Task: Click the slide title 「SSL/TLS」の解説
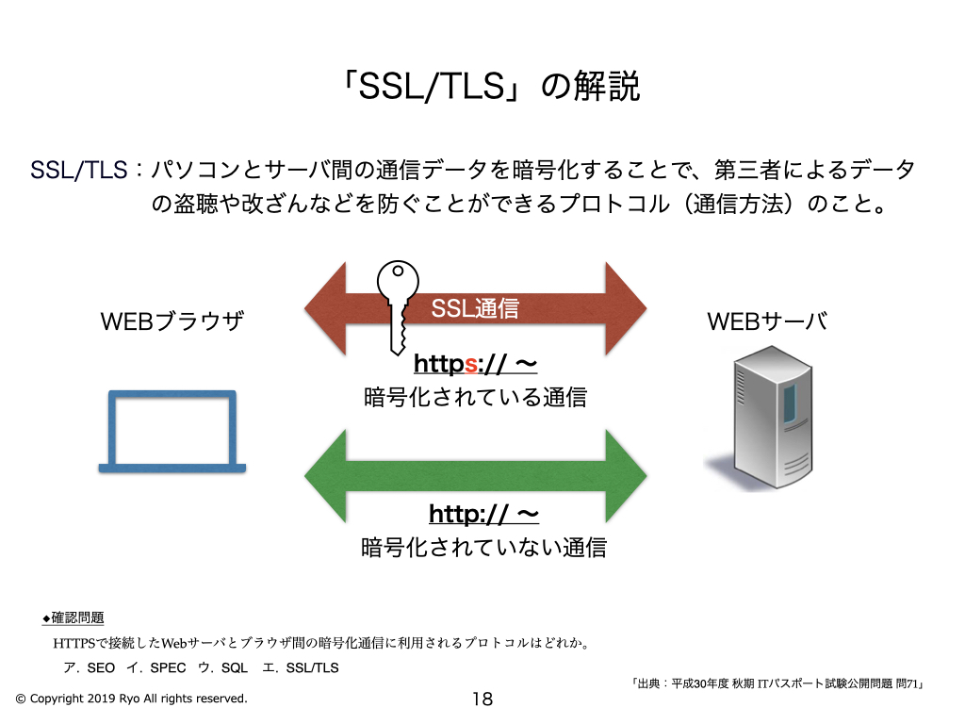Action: click(x=491, y=87)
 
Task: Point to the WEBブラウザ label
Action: click(x=172, y=322)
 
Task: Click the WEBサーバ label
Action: click(x=766, y=322)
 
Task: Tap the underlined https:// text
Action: click(x=475, y=364)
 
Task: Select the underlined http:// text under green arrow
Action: click(x=483, y=514)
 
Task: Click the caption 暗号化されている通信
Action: click(x=475, y=398)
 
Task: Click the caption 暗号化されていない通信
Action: click(x=483, y=548)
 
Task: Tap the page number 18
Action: click(x=482, y=699)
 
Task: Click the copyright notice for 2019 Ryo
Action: click(x=132, y=699)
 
